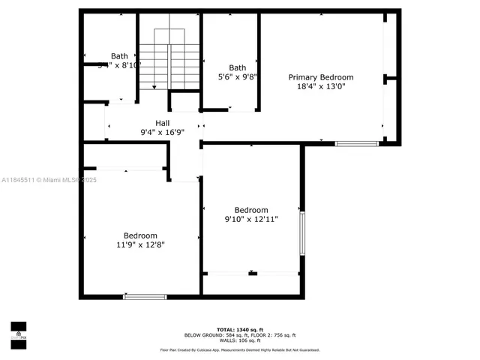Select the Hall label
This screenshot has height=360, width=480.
(x=162, y=123)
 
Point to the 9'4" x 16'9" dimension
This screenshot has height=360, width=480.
(x=162, y=132)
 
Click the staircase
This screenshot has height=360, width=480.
(x=169, y=60)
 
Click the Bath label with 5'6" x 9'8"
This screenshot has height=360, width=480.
(x=237, y=67)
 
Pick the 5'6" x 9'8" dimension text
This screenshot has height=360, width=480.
(x=237, y=76)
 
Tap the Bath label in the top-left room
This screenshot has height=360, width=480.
(x=119, y=56)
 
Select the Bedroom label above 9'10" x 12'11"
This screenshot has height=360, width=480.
(x=250, y=210)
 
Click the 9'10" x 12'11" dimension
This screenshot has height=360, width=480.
(x=250, y=219)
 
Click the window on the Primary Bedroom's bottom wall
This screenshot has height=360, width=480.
(x=356, y=143)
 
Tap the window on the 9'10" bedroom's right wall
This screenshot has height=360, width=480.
(x=302, y=232)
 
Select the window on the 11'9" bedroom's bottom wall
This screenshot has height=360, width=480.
(x=144, y=297)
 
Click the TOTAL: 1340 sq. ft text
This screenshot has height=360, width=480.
(x=239, y=329)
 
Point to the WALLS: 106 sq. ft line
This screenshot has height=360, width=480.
(x=239, y=340)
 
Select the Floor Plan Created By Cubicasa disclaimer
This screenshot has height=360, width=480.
(x=239, y=349)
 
